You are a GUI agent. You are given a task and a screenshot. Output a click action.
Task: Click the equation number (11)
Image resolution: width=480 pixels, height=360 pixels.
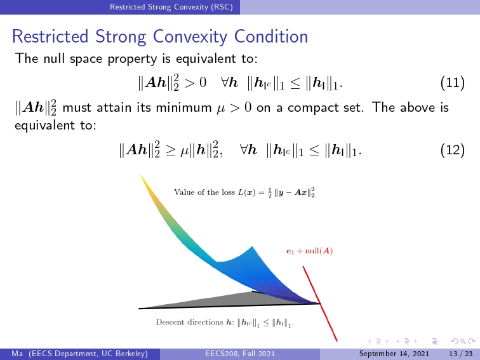(x=453, y=83)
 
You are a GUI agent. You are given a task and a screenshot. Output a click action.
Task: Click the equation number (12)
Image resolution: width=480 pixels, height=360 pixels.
(x=453, y=150)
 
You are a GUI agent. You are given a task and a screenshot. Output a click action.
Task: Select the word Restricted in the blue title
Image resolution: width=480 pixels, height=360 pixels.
(x=50, y=36)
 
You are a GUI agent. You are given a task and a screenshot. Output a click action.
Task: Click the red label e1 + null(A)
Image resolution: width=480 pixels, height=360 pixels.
(x=309, y=251)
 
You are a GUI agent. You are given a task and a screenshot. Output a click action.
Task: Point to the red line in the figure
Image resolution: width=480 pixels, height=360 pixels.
(x=320, y=303)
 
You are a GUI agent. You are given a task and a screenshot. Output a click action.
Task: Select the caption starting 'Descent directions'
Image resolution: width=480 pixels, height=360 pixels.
(x=225, y=323)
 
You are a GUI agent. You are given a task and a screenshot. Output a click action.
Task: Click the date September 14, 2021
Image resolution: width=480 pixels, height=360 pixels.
(x=394, y=354)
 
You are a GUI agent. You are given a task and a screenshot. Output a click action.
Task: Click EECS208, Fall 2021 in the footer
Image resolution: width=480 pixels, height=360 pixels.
(x=240, y=354)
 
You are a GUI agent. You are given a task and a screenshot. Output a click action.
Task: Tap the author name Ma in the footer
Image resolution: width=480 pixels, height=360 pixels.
(x=17, y=354)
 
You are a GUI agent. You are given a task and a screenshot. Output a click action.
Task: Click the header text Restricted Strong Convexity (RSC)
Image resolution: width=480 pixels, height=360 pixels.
(x=171, y=7)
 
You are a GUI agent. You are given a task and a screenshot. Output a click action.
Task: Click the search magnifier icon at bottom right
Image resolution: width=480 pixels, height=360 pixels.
(x=463, y=341)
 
